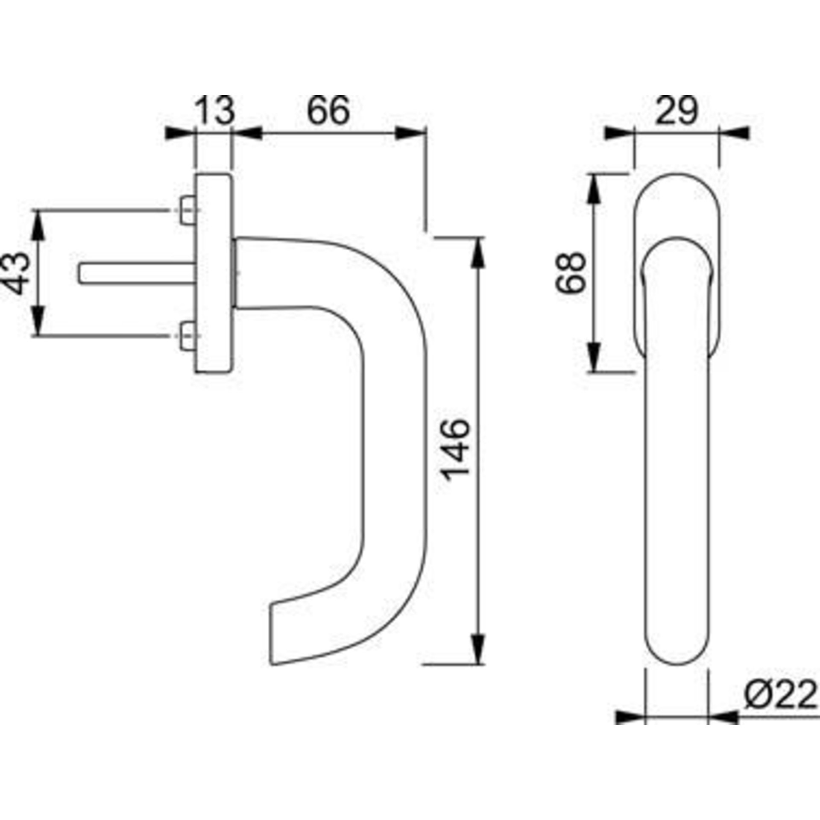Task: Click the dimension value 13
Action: (216, 110)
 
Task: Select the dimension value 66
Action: (328, 110)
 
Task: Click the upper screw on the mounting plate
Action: (187, 210)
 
